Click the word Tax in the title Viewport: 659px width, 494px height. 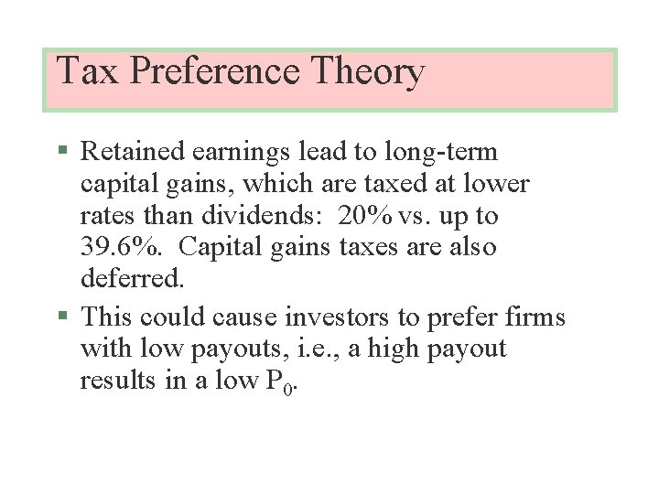[88, 71]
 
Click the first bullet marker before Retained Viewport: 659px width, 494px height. [62, 150]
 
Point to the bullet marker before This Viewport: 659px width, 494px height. [62, 317]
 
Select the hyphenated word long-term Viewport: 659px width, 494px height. [440, 153]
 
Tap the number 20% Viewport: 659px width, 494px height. [366, 217]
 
